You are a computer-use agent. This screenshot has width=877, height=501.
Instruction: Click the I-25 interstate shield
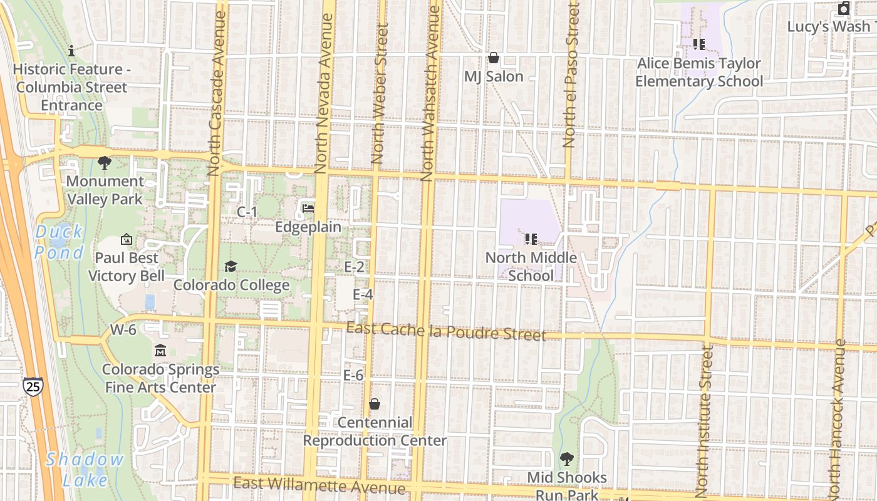coord(33,386)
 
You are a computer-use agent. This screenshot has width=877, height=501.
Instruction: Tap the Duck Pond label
coord(59,242)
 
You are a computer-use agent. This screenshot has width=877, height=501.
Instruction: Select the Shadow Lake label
coord(85,469)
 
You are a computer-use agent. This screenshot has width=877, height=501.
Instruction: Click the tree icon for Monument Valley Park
coord(105,163)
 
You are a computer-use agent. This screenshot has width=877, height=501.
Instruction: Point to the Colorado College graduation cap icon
coord(231,267)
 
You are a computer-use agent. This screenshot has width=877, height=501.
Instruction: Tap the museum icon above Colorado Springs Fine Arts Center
coord(160,351)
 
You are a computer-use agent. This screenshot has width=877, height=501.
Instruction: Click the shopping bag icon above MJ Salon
coord(494,58)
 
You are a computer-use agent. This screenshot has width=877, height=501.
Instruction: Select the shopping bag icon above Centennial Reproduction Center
coord(375,404)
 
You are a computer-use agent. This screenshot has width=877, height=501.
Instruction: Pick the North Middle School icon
coord(531,239)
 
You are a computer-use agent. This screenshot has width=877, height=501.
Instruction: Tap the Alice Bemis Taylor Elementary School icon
coord(699,44)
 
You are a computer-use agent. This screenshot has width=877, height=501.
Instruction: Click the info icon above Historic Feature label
coord(71,51)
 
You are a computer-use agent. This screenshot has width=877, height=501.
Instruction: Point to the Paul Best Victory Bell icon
coord(126,239)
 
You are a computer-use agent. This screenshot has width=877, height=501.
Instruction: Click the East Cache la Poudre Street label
coord(445,331)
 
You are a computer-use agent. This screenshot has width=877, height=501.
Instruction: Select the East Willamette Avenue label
coord(319,485)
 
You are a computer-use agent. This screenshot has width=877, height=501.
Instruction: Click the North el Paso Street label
coord(569,75)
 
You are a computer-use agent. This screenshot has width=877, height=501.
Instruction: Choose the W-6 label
coord(123,329)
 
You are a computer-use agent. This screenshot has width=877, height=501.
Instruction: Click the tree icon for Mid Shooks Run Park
coord(566,459)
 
